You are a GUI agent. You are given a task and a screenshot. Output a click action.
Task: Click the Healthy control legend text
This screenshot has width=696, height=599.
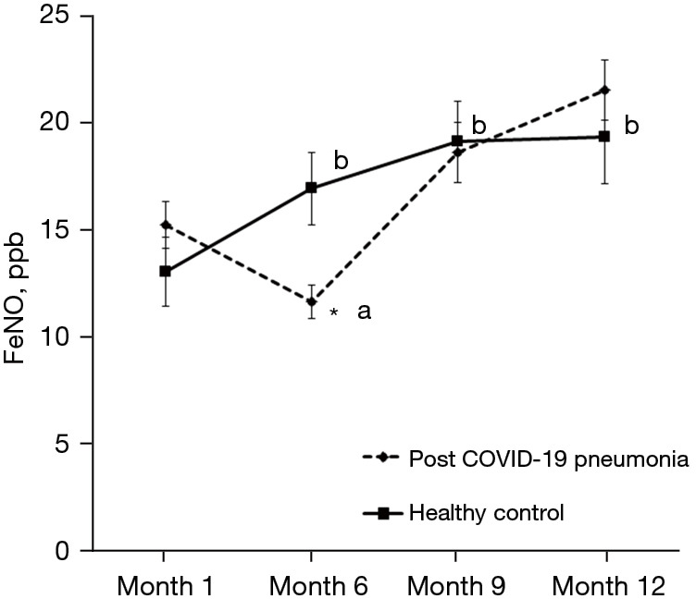coord(486,511)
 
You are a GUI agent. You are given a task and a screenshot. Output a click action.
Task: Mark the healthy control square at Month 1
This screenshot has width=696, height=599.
coord(165,272)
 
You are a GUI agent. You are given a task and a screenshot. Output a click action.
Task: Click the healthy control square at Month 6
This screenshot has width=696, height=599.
coord(311,188)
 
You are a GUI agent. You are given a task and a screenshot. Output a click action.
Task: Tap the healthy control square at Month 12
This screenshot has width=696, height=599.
coord(603,137)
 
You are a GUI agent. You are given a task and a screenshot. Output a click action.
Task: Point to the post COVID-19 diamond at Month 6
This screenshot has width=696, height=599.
coord(311,302)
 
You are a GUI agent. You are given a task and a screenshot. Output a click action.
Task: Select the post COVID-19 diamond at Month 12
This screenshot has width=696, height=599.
coord(604,90)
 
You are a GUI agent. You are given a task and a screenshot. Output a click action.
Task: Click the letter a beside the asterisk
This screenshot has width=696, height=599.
coord(364,312)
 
